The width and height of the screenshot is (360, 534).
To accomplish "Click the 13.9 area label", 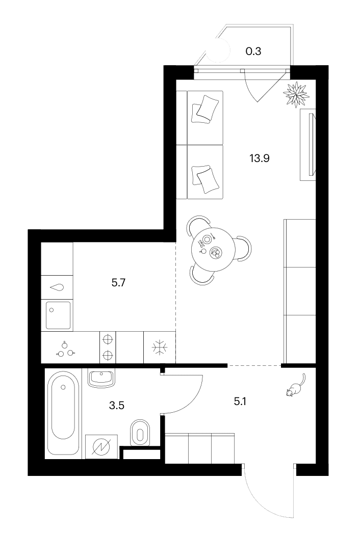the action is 260,158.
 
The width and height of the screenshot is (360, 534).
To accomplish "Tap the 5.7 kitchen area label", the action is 119,282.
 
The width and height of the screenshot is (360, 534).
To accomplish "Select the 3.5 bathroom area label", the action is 117,406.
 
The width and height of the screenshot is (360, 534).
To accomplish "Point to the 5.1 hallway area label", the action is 240,402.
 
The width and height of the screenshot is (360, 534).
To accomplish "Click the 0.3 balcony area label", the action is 253,51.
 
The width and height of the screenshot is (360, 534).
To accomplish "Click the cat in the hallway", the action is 296,386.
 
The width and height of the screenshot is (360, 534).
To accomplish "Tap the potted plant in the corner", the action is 296,94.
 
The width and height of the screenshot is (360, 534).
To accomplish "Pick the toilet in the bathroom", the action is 140,432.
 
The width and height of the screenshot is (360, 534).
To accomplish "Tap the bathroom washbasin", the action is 101,378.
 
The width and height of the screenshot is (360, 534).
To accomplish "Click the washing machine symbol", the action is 101,446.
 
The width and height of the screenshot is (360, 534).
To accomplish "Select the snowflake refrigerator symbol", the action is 160,348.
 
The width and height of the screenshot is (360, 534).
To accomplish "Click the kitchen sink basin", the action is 58,315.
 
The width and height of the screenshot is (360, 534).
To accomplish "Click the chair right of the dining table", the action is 243,249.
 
